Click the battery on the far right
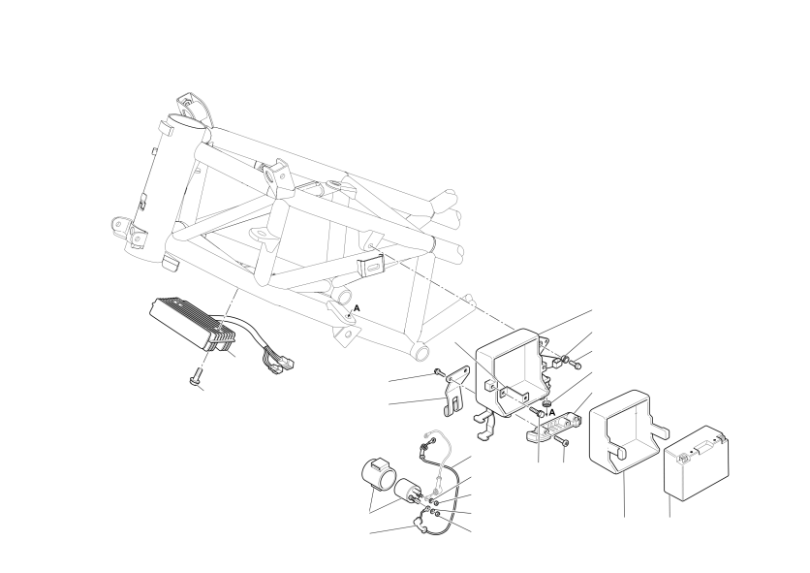click(x=696, y=462)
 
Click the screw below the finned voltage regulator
click(x=196, y=376)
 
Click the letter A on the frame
click(x=357, y=308)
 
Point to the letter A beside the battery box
click(x=551, y=412)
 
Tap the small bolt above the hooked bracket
click(x=439, y=371)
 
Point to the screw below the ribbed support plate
click(x=562, y=440)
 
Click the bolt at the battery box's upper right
click(x=576, y=365)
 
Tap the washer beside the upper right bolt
click(x=565, y=359)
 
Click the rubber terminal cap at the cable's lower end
click(x=419, y=527)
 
